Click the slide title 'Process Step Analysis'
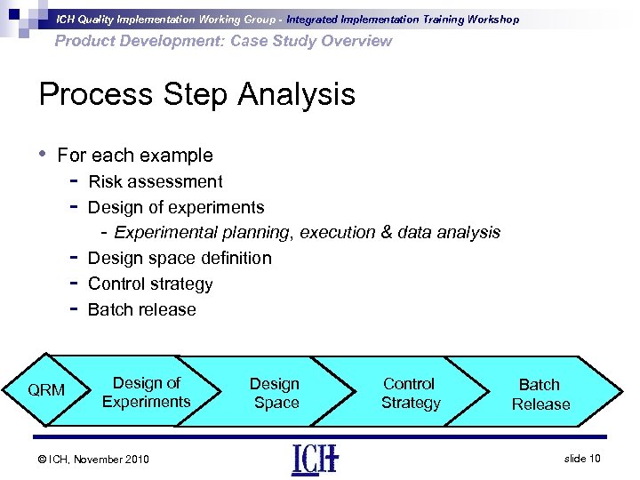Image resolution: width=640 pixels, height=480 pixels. click(196, 94)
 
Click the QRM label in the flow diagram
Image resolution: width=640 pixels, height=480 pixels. click(46, 390)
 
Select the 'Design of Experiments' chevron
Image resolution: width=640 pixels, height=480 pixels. click(146, 392)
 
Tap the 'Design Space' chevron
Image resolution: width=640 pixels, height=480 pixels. click(275, 393)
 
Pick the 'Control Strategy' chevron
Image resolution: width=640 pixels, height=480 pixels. click(410, 393)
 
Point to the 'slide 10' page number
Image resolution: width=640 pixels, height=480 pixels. click(582, 458)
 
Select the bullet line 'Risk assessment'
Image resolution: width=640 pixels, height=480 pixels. click(156, 181)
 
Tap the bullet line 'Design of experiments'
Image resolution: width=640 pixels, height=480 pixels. click(176, 207)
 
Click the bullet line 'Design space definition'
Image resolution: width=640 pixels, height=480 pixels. click(180, 258)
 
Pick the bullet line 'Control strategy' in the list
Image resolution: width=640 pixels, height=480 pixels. click(150, 284)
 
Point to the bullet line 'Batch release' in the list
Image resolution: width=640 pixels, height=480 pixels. click(142, 309)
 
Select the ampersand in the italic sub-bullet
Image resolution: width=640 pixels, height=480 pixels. click(386, 232)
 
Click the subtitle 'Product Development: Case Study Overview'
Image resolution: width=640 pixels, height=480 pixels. click(223, 41)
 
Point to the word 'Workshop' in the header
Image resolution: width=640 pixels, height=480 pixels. click(488, 19)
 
